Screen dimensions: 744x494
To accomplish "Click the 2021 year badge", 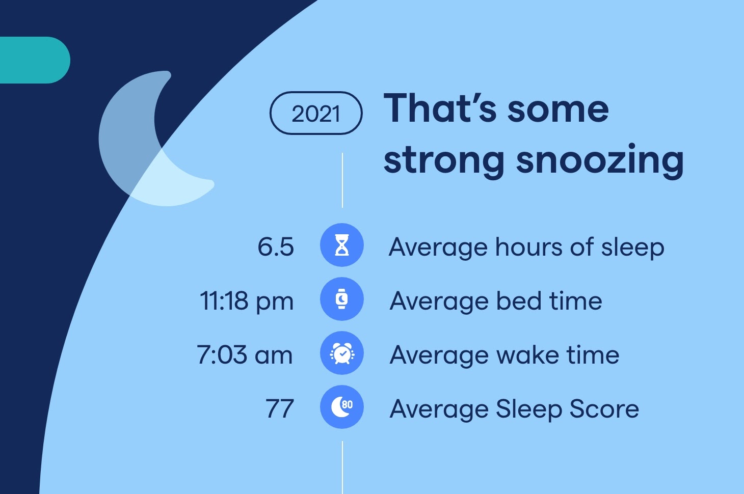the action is point(316,113).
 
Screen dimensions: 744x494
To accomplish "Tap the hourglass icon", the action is point(342,245).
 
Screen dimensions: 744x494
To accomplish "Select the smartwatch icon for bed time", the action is point(342,299).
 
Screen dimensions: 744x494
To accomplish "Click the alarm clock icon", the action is point(342,353).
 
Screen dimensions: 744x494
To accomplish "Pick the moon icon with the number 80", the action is point(342,407).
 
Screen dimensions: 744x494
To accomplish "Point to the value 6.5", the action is point(276,247).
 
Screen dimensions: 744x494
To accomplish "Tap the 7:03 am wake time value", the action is point(245,354).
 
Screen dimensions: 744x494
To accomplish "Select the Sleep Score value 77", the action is point(280,408).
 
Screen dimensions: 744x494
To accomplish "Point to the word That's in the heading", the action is point(440,108).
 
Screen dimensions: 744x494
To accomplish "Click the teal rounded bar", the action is point(35,60).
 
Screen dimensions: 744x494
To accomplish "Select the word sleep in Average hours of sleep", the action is point(633,248).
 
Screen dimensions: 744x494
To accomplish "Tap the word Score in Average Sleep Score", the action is point(604,408).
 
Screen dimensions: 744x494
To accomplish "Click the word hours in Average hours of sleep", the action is point(529,247).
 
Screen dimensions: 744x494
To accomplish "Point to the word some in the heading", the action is point(559,110).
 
